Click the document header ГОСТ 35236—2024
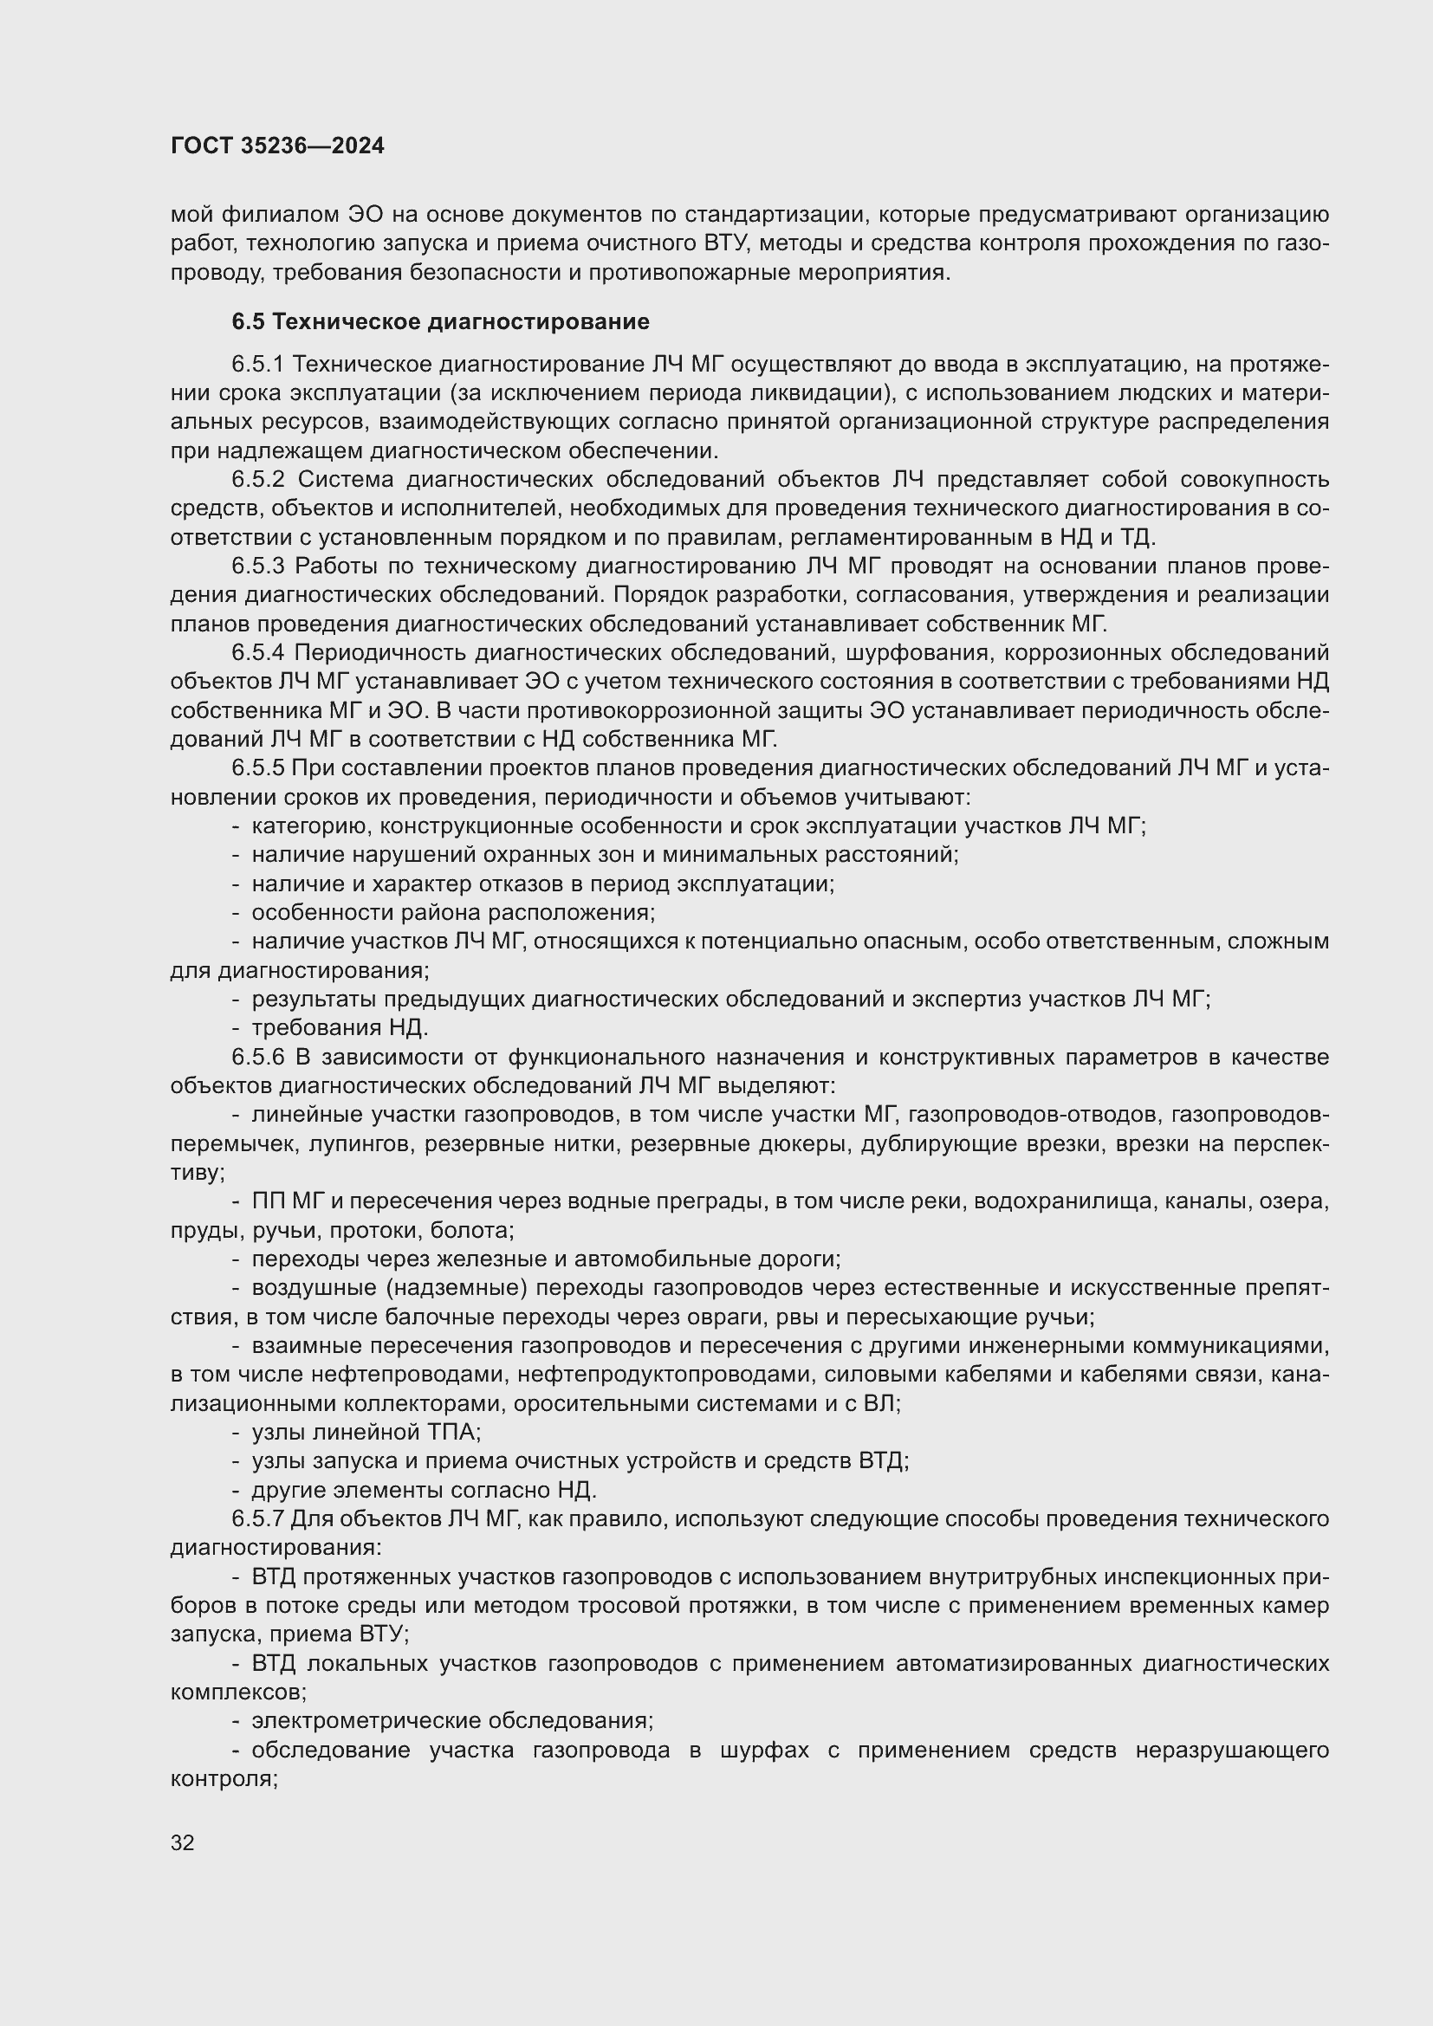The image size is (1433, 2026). pyautogui.click(x=277, y=146)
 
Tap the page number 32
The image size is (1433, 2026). pyautogui.click(x=183, y=1842)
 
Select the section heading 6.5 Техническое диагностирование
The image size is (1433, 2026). pyautogui.click(x=440, y=322)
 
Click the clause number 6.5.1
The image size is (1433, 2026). pyautogui.click(x=258, y=365)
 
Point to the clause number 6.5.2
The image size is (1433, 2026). pyautogui.click(x=258, y=480)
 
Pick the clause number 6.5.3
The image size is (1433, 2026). pyautogui.click(x=258, y=566)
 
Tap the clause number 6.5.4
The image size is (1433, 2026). pyautogui.click(x=258, y=653)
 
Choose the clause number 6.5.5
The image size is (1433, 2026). pyautogui.click(x=258, y=768)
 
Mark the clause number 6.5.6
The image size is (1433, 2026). pyautogui.click(x=258, y=1057)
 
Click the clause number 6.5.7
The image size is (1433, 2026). pyautogui.click(x=258, y=1519)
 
